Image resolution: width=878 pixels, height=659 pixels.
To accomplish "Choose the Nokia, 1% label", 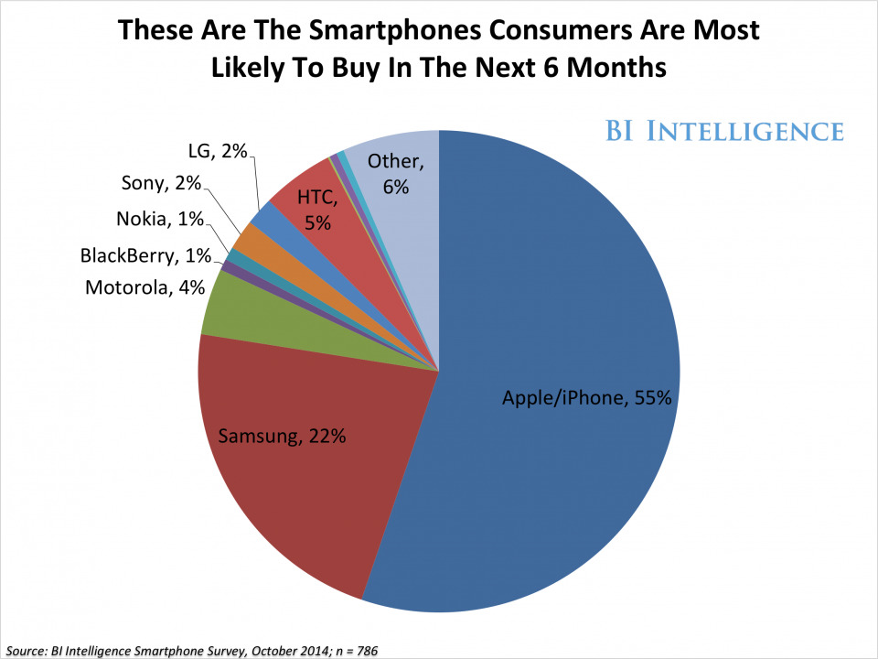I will (x=160, y=220).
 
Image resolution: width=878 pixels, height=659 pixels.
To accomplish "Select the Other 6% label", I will (x=396, y=173).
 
